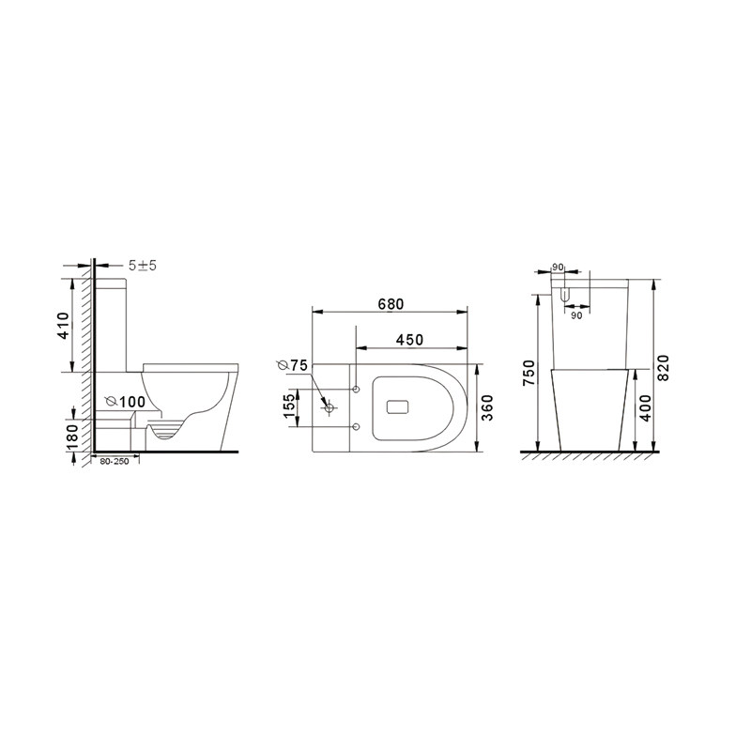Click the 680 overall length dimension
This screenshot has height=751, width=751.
(391, 304)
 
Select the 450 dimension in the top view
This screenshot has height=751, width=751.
(409, 340)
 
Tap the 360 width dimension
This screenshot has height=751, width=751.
(486, 407)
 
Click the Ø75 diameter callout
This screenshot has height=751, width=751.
(292, 365)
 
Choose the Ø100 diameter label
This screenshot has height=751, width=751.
(125, 402)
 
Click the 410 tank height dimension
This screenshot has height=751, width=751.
(63, 326)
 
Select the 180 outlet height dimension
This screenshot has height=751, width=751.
(72, 437)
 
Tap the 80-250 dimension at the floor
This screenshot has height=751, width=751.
(114, 462)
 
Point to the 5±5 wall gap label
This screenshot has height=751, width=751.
(143, 266)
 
